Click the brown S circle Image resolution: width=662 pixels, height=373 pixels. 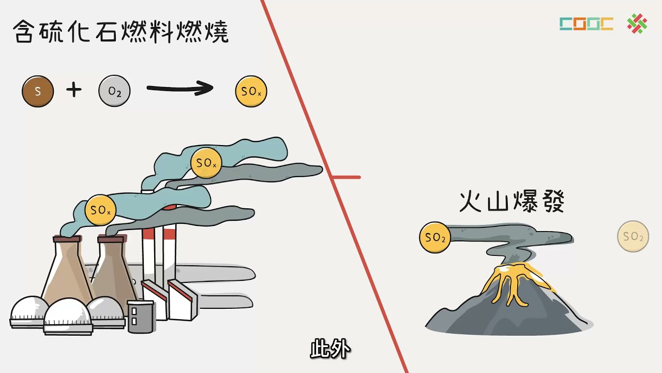tap(38, 92)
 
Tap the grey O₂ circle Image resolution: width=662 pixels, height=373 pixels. tap(114, 92)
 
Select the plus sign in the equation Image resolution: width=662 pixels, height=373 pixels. tap(74, 91)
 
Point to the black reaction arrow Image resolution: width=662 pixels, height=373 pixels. tap(179, 89)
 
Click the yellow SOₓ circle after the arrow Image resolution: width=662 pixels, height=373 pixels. tap(251, 92)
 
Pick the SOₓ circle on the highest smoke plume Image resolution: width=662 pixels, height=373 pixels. tap(206, 163)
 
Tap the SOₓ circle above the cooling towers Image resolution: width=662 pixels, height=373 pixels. tap(100, 210)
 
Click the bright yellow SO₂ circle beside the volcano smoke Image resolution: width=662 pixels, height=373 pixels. tap(435, 238)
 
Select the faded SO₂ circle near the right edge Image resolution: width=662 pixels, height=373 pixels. tap(633, 237)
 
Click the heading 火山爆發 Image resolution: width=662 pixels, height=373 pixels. tap(511, 202)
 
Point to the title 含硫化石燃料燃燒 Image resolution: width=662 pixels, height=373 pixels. tap(121, 32)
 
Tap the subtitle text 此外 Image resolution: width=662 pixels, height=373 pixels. tap(330, 350)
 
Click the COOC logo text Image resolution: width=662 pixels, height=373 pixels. tap(586, 24)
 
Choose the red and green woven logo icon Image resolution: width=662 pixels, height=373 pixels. tap(637, 24)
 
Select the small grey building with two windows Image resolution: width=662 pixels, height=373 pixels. tap(140, 316)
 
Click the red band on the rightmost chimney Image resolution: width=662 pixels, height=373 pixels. tap(170, 234)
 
